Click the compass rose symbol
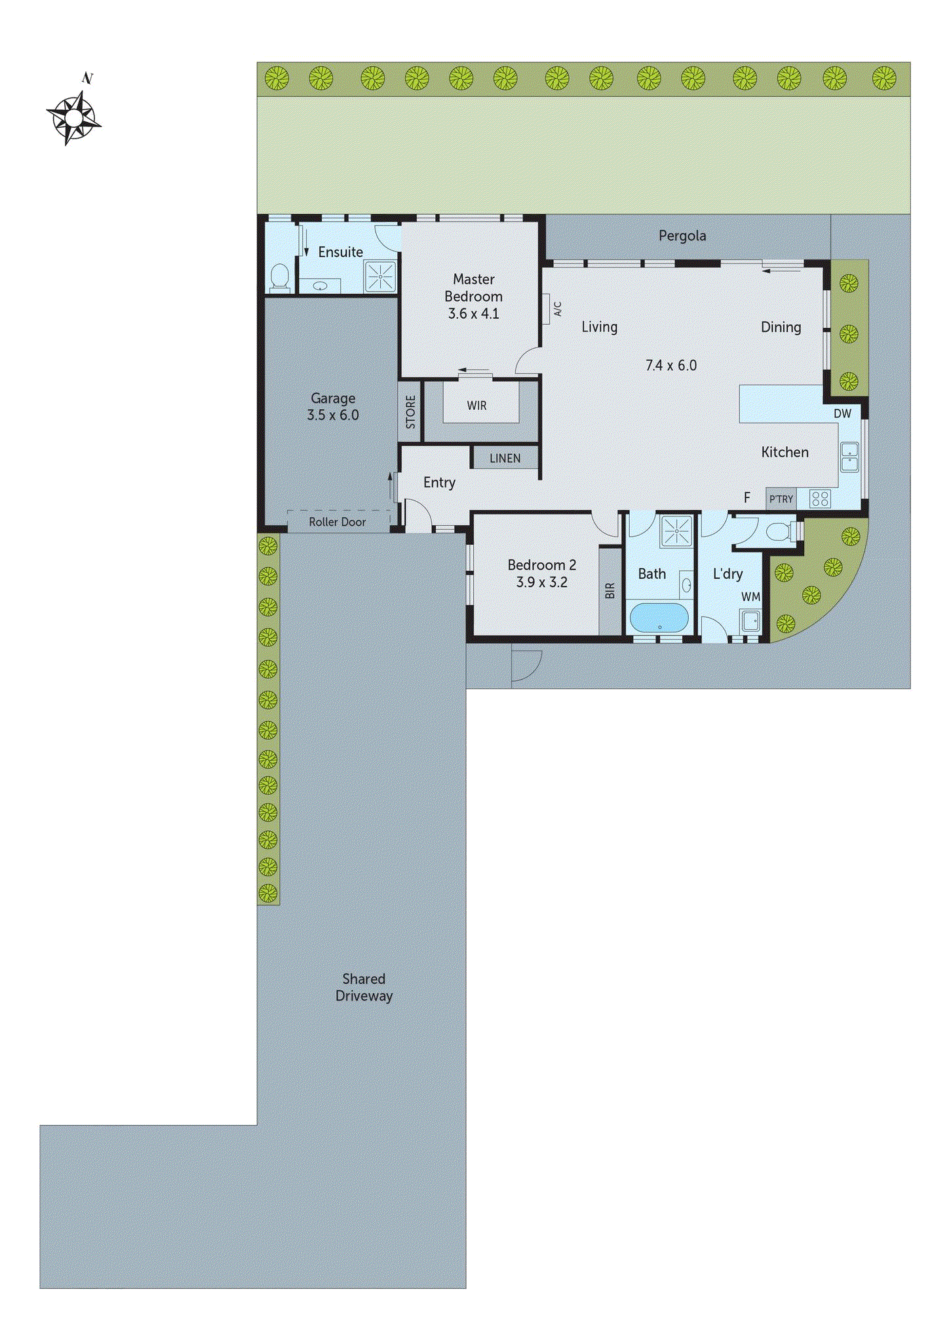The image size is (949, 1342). tap(74, 117)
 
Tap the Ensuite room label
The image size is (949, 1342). tap(340, 252)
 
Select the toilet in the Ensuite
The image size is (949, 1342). tap(280, 277)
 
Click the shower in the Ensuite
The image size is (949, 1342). tap(380, 277)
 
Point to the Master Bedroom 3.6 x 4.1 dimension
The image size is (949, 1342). tap(473, 314)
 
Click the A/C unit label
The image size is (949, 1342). tap(557, 309)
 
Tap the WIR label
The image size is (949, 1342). tap(476, 406)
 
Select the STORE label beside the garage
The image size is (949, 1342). tap(410, 412)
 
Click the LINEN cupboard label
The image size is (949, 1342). tap(505, 459)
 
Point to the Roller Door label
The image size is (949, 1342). tap(337, 522)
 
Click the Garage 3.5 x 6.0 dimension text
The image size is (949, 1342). tap(333, 415)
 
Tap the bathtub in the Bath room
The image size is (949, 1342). tap(659, 617)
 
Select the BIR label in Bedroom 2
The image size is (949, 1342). tap(610, 590)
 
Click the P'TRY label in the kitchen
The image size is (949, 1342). tap(781, 499)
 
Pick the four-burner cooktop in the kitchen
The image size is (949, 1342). tap(820, 499)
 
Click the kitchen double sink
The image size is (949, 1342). tap(849, 457)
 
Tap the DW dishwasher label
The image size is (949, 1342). tap(842, 414)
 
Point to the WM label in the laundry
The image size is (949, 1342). tap(750, 597)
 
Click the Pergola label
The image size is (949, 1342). tap(682, 236)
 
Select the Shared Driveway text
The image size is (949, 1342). tap(364, 987)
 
